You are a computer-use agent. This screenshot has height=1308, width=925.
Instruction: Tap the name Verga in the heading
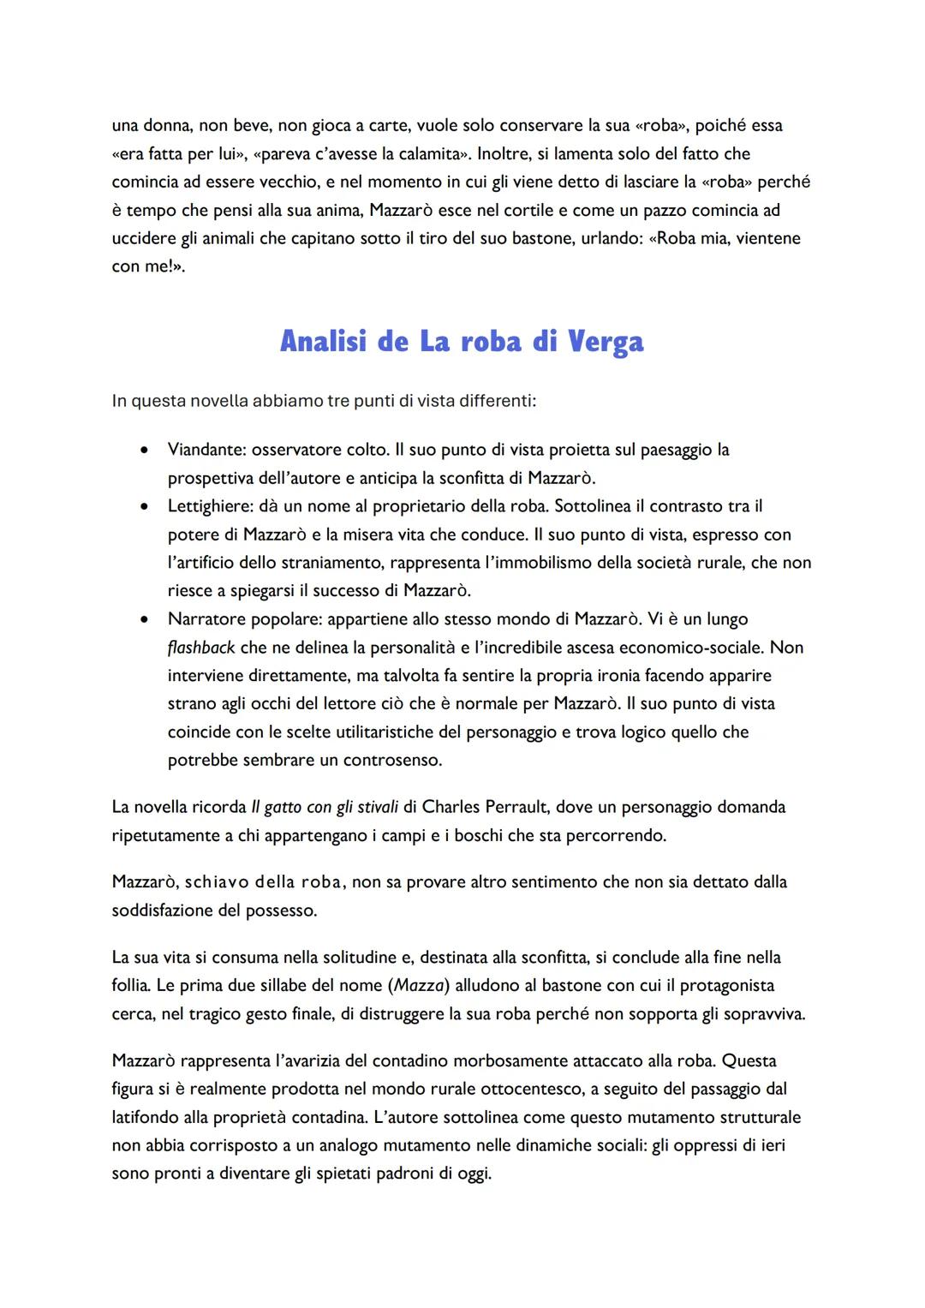point(605,342)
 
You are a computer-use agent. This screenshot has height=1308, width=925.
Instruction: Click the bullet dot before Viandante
point(146,450)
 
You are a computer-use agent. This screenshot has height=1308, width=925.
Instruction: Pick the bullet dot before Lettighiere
point(146,506)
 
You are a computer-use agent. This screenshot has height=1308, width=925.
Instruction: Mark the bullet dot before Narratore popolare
point(146,619)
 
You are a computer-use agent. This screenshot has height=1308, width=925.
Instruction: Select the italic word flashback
point(201,648)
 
